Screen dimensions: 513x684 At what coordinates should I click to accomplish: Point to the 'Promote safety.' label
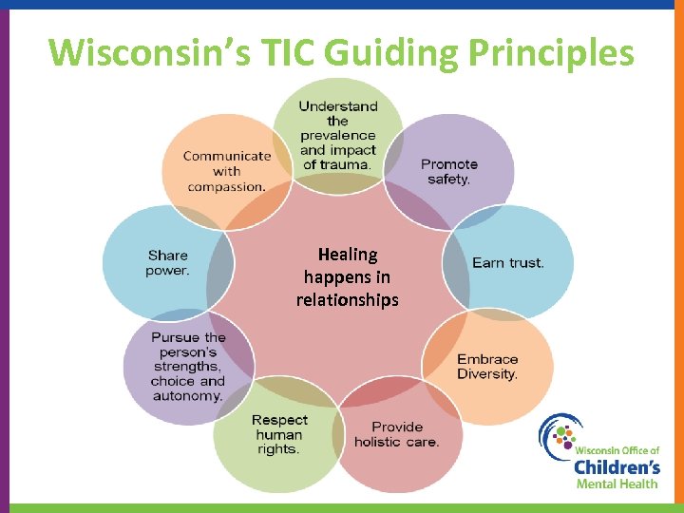click(448, 172)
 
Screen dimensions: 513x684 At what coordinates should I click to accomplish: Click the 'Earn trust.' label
click(507, 262)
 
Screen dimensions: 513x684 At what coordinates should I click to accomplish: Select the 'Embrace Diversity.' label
click(487, 367)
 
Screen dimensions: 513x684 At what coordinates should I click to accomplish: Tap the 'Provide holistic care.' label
click(397, 435)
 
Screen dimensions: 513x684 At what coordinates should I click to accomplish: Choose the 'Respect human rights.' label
click(279, 434)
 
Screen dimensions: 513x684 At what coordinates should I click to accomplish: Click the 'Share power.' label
click(168, 263)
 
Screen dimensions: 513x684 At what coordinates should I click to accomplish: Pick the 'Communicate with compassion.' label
click(227, 171)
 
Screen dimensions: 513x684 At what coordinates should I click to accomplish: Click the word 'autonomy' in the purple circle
click(187, 395)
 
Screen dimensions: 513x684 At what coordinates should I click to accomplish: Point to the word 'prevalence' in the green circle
click(338, 136)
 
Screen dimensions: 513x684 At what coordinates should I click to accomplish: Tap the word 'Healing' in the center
click(347, 255)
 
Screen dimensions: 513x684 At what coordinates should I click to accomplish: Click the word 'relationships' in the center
click(347, 300)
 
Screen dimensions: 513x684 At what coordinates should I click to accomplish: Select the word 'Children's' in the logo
click(617, 466)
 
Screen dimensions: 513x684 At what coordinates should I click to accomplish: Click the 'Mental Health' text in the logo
click(617, 484)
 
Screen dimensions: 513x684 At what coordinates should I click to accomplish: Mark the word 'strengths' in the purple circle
click(187, 367)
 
